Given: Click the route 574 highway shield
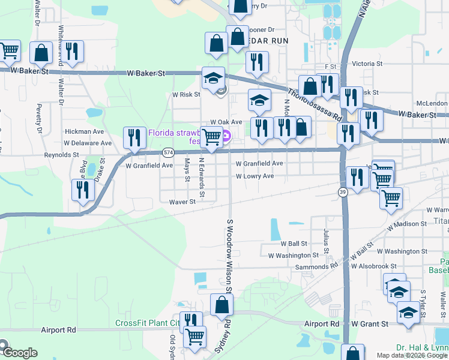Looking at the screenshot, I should click(169, 152).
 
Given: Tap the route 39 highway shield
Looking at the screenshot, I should click(342, 191).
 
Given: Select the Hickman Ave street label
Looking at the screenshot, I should click(85, 131).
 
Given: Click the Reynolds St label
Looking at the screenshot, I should click(62, 154).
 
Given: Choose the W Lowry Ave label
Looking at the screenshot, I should click(255, 176).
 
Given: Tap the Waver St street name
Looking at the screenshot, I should click(182, 202).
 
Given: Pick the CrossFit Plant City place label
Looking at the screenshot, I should click(148, 323).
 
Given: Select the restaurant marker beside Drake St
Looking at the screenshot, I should click(83, 190).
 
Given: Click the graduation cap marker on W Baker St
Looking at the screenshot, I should click(213, 79).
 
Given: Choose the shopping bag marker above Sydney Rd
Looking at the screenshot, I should click(221, 304).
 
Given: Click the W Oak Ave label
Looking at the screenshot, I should click(225, 122).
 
